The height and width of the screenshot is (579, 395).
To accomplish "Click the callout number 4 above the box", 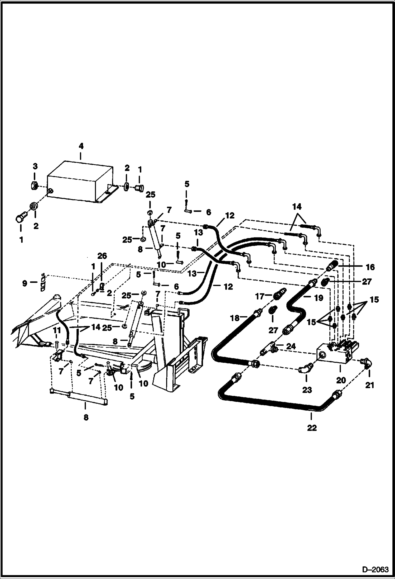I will pos(81,146).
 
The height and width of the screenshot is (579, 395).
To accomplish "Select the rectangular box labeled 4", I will pos(79,182).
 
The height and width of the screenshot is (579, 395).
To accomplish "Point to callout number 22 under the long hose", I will pos(312,428).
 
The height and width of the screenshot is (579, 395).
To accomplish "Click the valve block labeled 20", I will pos(335,353).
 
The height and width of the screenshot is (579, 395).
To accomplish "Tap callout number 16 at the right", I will pos(370,267).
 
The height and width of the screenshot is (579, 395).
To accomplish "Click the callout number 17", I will pos(260,297).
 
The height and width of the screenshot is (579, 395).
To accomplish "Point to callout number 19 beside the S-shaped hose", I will pos(319,298).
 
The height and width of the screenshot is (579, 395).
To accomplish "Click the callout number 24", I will pos(291,346).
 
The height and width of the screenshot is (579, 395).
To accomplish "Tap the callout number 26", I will pos(102,256).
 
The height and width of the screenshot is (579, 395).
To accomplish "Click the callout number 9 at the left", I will pos(25,283).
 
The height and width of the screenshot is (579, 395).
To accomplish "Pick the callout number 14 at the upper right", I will pos(297,206).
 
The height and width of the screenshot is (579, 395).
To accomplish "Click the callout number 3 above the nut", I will pos(35,166).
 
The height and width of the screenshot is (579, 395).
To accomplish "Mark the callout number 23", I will pos(307,390).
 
